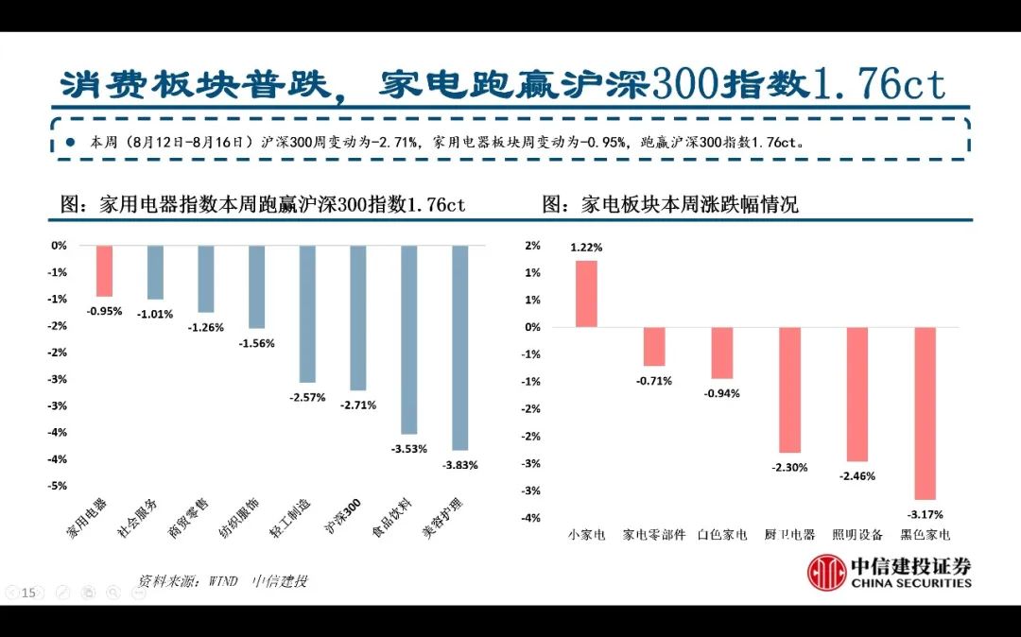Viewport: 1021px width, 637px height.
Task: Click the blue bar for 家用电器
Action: [x=104, y=271]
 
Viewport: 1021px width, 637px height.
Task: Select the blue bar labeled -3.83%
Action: [x=460, y=347]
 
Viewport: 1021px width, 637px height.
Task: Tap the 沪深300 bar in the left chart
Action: [x=357, y=318]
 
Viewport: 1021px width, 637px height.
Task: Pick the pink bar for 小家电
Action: [x=586, y=294]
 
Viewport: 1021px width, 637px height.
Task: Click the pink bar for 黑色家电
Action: [x=926, y=413]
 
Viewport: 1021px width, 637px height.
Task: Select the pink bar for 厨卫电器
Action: [x=790, y=389]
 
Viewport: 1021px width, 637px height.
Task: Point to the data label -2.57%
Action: [x=307, y=397]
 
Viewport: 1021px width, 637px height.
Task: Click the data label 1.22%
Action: [x=586, y=248]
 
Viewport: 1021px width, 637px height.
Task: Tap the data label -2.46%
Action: [x=857, y=475]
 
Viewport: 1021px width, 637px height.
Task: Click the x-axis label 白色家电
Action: [x=722, y=535]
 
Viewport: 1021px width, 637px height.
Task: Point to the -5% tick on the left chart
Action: [x=58, y=486]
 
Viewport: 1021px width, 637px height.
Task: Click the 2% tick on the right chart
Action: [x=532, y=246]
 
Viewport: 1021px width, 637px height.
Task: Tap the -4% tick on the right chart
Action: [x=530, y=518]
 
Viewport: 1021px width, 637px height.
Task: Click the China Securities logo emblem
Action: [x=826, y=573]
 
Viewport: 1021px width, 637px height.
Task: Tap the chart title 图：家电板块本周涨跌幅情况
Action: [x=670, y=204]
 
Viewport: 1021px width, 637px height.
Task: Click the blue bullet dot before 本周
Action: [x=71, y=143]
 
